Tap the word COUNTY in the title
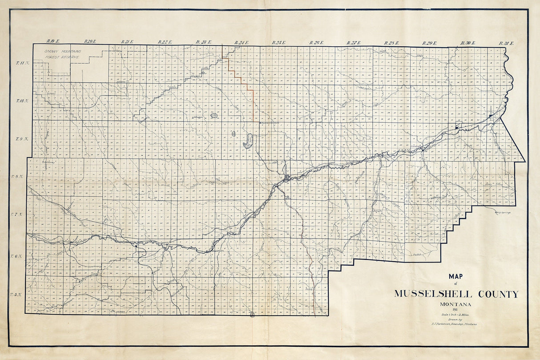(498, 294)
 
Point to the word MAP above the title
(455, 276)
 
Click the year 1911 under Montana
(455, 310)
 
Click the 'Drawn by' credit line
(455, 320)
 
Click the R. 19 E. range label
(52, 42)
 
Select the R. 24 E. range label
(241, 43)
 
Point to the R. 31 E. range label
(506, 43)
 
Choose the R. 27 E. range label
(354, 43)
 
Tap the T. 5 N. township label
(16, 295)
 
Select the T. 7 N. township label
(17, 215)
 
